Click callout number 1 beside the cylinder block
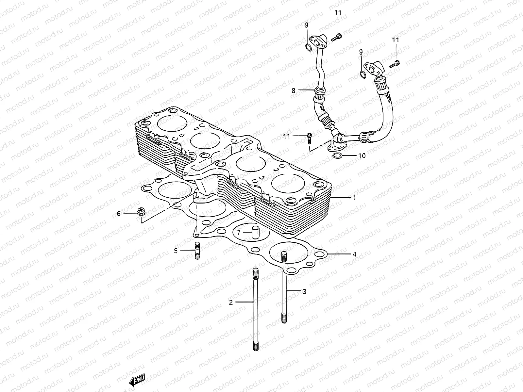pos(355,198)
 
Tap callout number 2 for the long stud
pos(231,302)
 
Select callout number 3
pos(304,291)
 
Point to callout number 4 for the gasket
pos(354,254)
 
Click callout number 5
pos(176,251)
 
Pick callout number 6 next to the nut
pos(119,214)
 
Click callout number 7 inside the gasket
pos(239,233)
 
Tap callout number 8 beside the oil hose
pos(293,90)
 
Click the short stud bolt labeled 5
pos(197,251)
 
